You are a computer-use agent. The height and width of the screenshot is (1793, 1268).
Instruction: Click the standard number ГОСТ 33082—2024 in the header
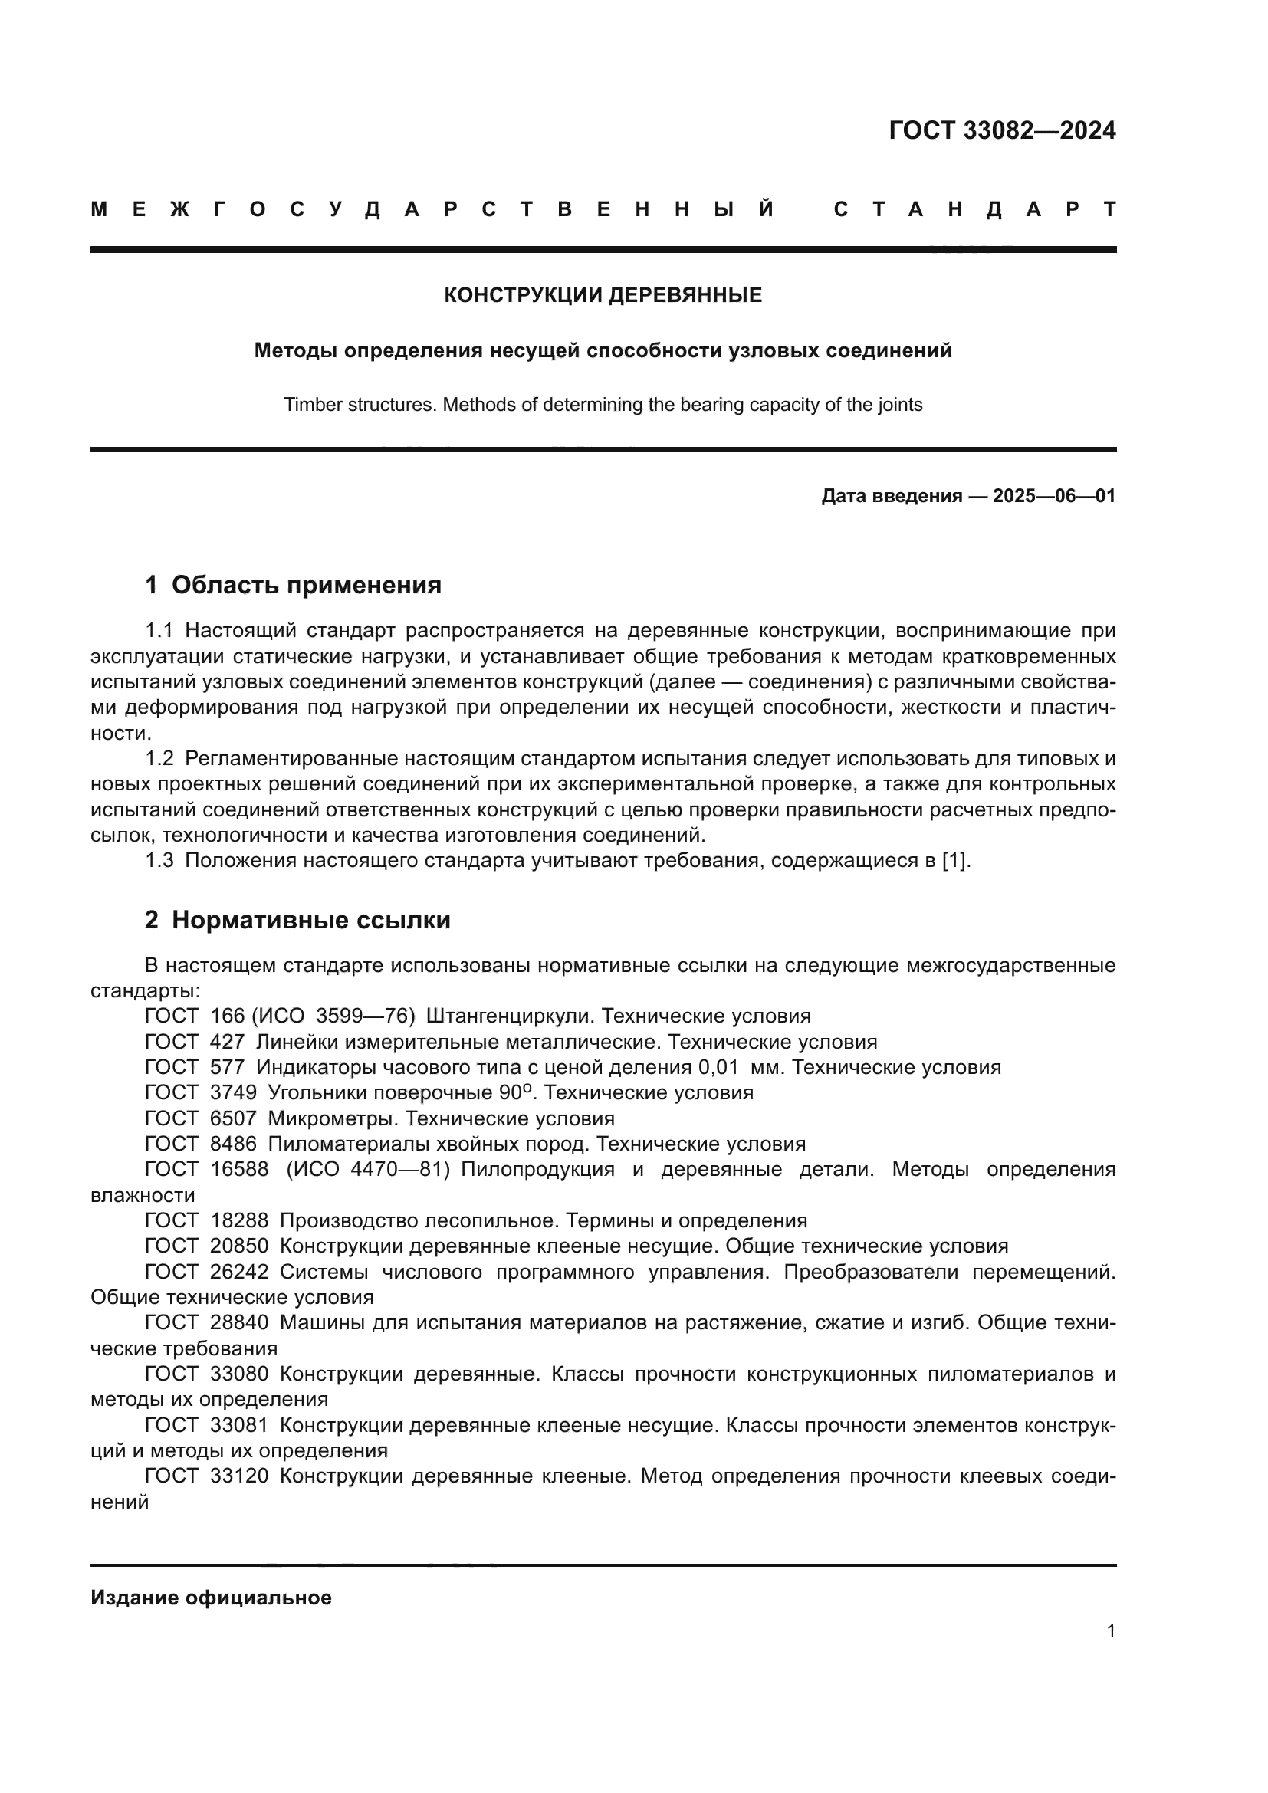tap(1002, 130)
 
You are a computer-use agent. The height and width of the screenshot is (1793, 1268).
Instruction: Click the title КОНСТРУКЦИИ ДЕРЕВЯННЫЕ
tap(603, 295)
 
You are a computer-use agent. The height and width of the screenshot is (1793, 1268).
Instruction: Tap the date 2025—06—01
tap(1053, 496)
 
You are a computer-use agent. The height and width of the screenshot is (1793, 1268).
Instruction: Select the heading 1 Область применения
tap(293, 585)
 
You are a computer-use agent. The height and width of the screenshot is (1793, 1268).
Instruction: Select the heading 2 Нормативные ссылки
tap(297, 921)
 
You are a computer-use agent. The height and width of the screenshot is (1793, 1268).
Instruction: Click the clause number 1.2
tap(159, 758)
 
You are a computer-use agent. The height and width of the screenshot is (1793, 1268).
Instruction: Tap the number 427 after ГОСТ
tap(227, 1042)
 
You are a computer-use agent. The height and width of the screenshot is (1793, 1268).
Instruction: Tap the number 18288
tap(239, 1220)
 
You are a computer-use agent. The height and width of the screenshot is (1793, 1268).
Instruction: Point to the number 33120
tap(239, 1476)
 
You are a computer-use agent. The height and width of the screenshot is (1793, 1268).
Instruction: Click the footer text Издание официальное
tap(211, 1598)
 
